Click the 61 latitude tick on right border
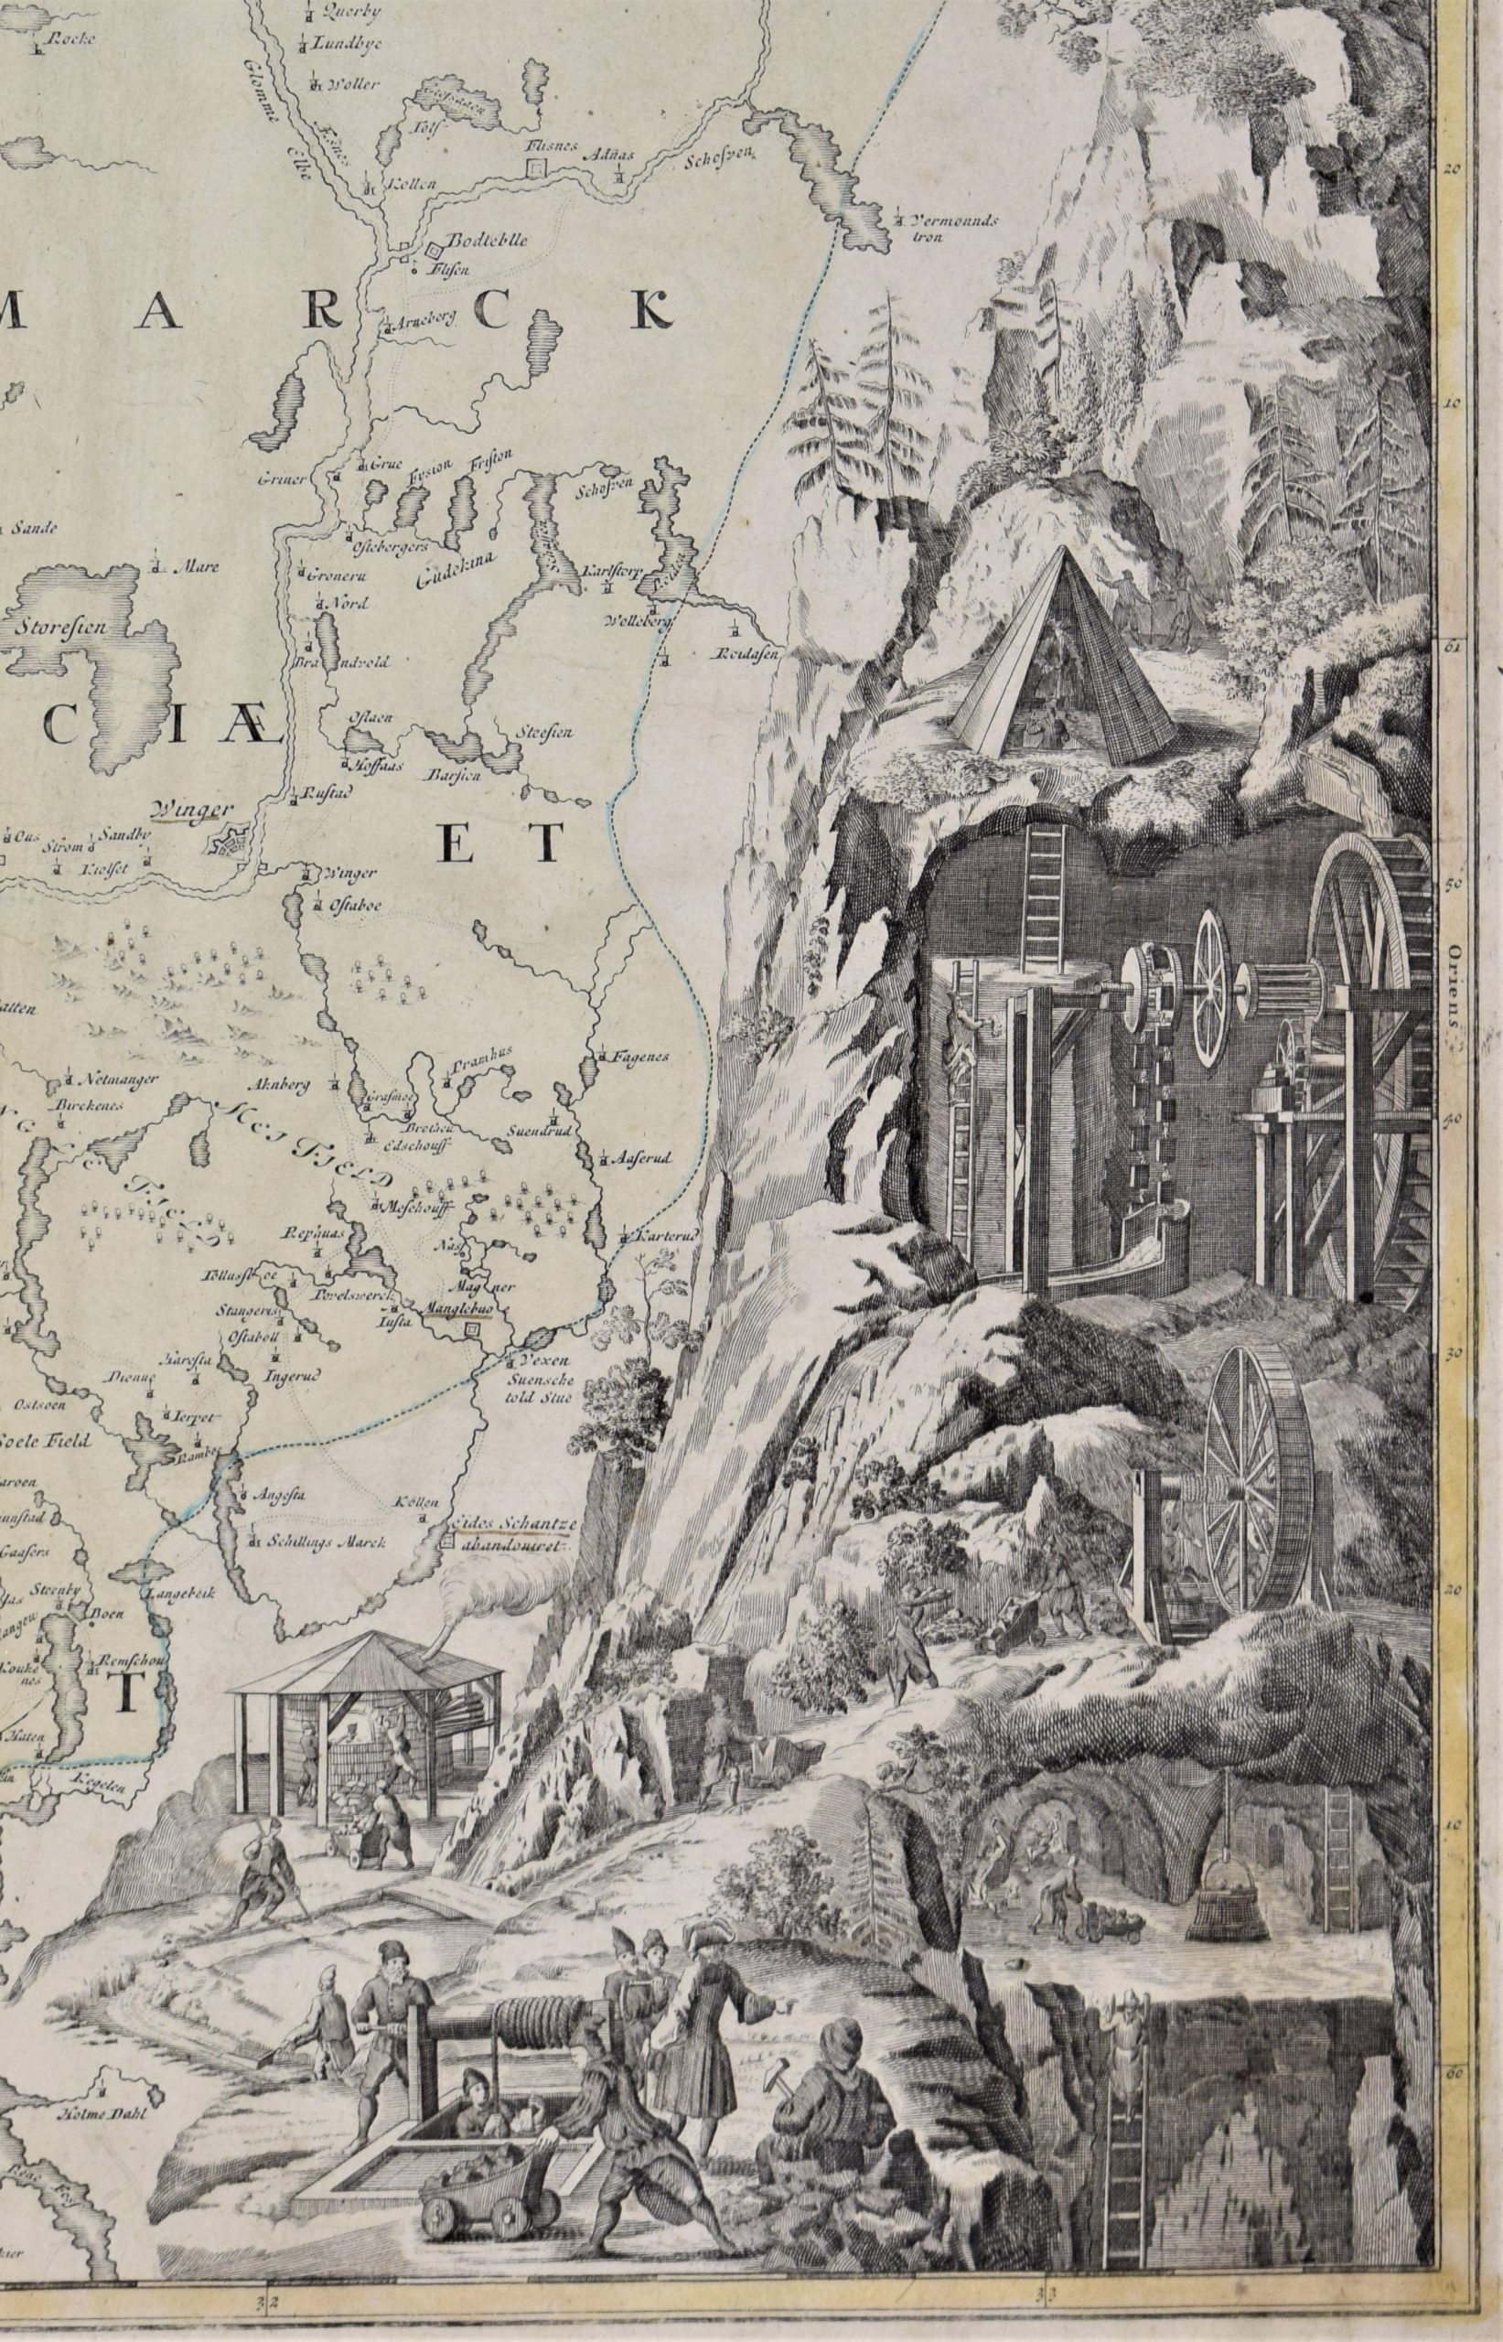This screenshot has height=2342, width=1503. [x=1450, y=646]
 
